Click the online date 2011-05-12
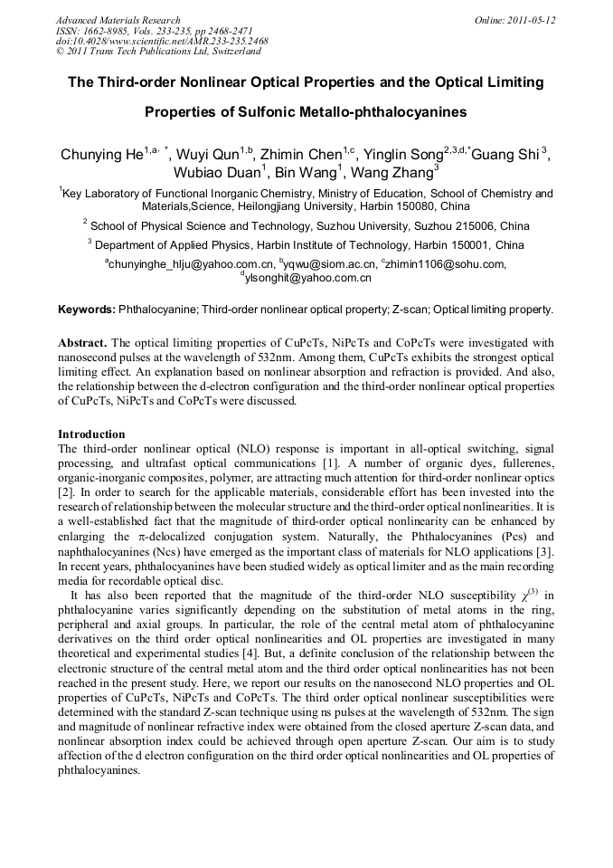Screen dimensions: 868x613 (x=528, y=20)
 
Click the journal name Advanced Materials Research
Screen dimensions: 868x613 (x=118, y=20)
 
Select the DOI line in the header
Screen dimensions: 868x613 (x=162, y=42)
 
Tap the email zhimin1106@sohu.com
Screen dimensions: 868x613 (x=443, y=263)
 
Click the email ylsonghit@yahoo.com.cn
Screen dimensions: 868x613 (x=306, y=278)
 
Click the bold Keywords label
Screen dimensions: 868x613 (x=87, y=310)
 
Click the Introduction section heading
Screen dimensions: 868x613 (x=91, y=434)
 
